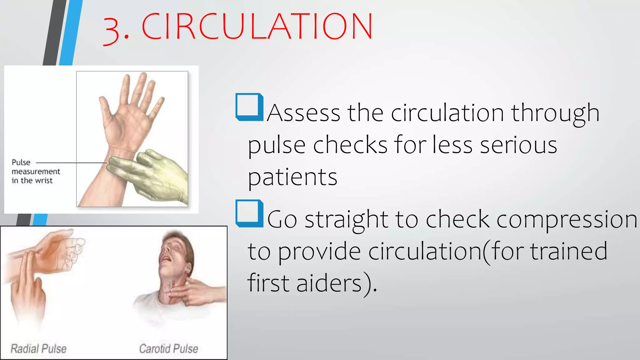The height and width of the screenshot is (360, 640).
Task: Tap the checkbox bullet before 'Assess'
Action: (249, 107)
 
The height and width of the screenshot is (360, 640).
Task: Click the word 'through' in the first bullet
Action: (555, 113)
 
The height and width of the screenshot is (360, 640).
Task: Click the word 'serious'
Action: (518, 145)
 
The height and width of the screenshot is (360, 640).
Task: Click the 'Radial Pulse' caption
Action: (38, 348)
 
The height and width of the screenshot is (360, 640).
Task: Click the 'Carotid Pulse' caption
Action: (168, 348)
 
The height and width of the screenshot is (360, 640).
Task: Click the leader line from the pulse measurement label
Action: (72, 163)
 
